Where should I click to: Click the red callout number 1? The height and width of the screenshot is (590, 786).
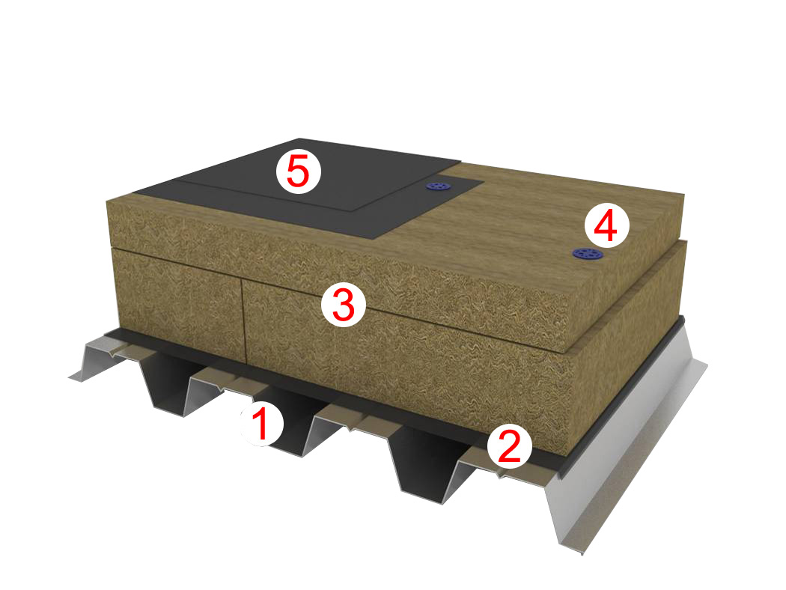262,424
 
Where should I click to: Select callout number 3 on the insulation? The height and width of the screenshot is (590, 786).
344,305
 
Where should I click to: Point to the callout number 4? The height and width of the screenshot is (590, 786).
606,226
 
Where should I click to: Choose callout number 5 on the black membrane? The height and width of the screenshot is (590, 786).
298,171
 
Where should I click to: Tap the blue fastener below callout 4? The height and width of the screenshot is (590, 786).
588,254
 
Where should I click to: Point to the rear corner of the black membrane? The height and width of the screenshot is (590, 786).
299,139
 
